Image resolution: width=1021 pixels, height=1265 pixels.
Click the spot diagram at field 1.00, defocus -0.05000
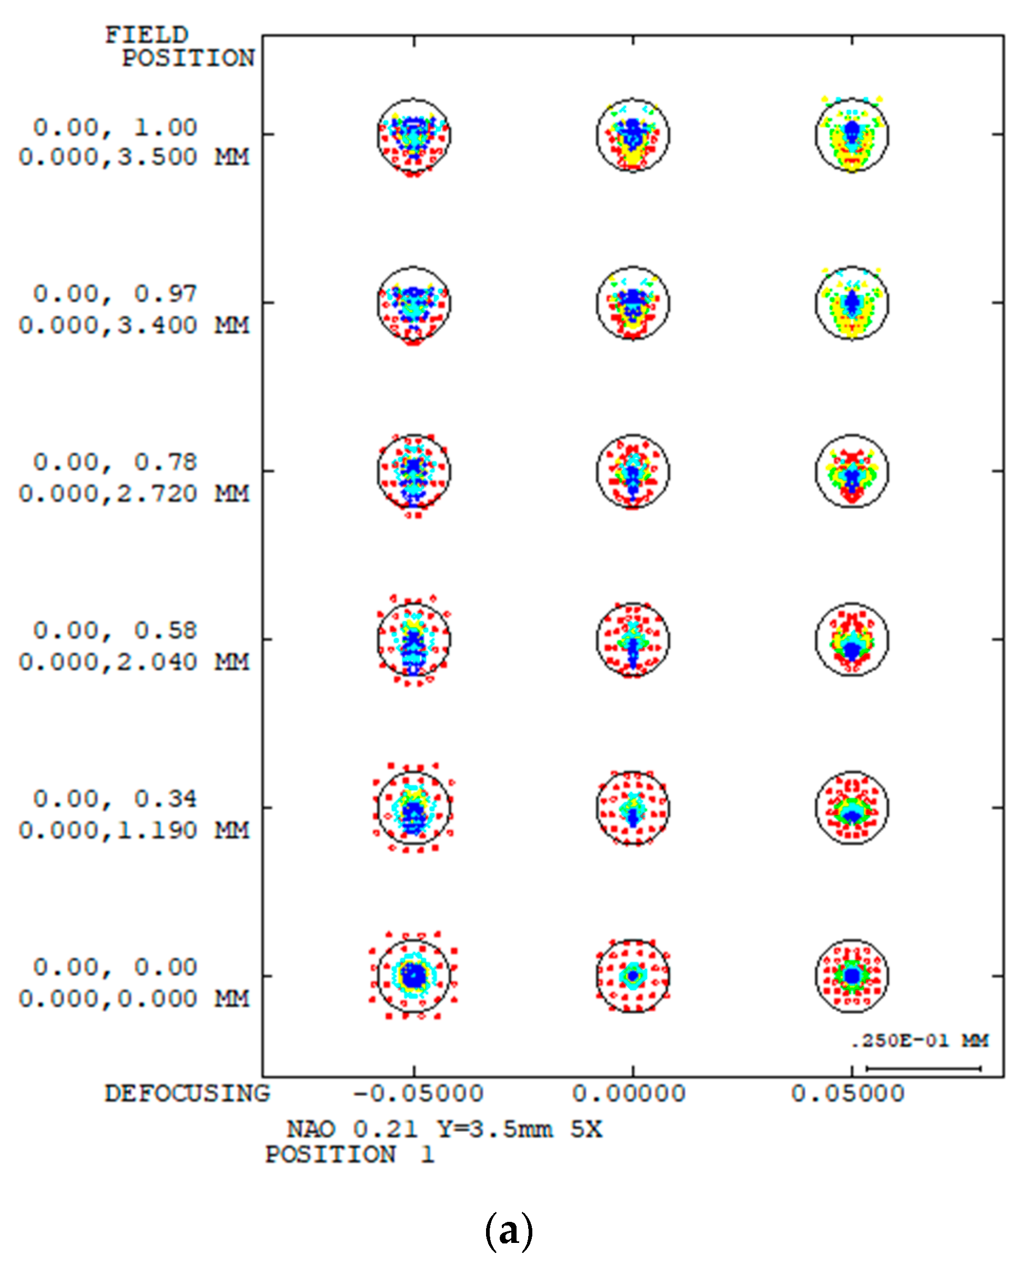414,135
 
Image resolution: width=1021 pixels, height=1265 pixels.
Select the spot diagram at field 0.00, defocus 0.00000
633,976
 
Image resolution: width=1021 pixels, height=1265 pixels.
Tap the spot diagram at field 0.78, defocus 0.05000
852,471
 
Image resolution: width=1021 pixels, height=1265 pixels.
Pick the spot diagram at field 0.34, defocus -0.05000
414,808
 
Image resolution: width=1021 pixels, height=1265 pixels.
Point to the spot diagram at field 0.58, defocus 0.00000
633,639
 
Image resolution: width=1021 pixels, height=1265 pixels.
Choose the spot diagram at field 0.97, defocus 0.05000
852,303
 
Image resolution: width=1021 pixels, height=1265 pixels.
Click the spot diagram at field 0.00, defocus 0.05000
852,976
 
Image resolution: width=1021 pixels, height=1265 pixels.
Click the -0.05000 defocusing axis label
418,1094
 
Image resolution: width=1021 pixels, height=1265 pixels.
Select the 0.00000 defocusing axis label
629,1094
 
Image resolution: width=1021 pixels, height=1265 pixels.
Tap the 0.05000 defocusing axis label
847,1094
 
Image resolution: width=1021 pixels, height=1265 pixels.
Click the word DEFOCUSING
187,1094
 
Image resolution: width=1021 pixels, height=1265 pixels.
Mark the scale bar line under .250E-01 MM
923,1068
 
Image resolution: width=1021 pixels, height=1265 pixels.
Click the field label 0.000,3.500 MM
134,158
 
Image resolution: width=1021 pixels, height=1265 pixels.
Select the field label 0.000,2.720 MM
134,494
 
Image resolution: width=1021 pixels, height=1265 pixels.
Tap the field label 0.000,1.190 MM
134,831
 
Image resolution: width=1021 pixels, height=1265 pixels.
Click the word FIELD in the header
146,35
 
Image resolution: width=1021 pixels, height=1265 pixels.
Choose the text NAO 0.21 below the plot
352,1129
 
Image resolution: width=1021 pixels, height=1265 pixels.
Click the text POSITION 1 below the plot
349,1155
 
